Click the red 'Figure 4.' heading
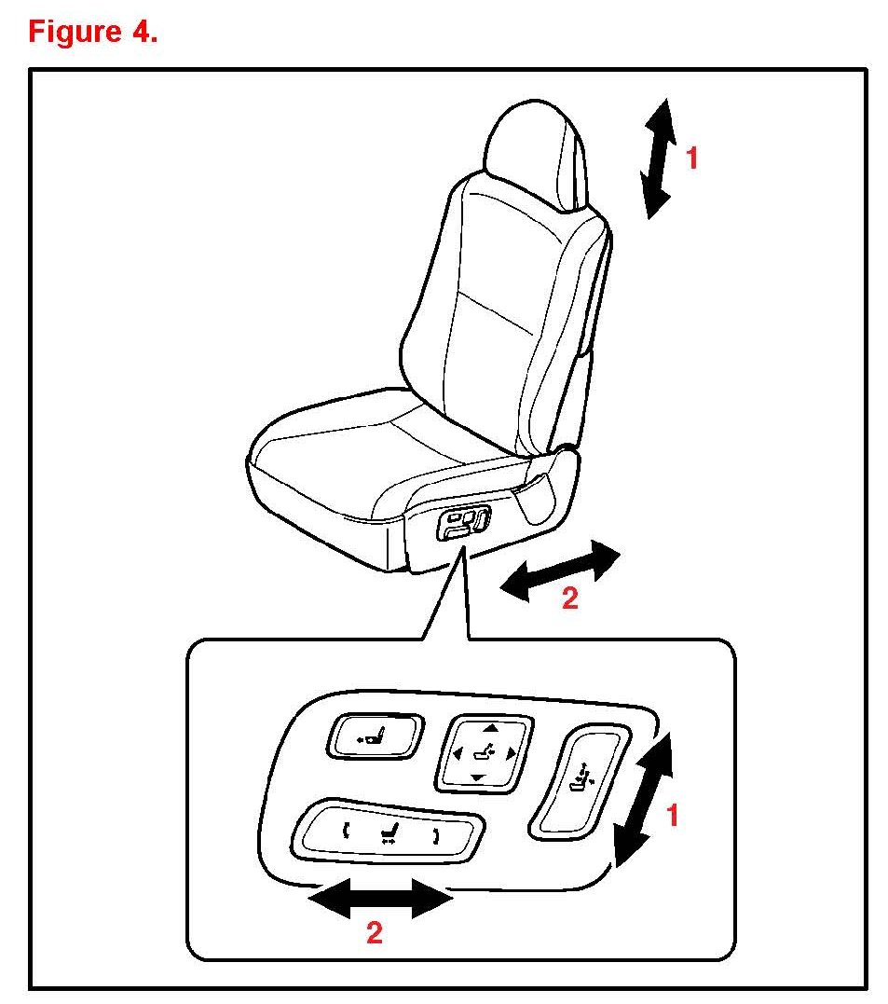93,32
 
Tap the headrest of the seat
537,155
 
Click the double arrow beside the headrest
659,158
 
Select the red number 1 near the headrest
691,158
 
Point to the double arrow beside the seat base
560,571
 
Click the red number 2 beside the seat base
570,598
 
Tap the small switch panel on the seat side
463,522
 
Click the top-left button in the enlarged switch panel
376,736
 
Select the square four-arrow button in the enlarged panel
484,753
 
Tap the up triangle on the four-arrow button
490,728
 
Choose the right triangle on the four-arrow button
511,753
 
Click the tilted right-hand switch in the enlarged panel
580,782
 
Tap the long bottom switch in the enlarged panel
388,832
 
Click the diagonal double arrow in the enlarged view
644,800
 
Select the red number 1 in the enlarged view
672,816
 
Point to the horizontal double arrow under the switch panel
381,898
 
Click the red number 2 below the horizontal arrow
375,933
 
